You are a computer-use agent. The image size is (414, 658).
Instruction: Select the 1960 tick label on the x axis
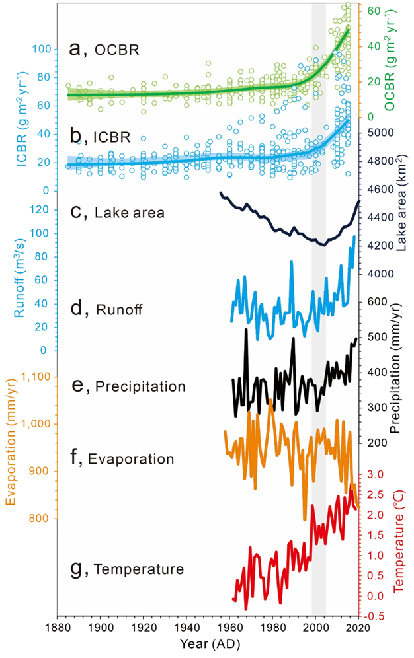click(x=230, y=626)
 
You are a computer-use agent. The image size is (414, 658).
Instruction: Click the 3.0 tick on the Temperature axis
click(x=375, y=475)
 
